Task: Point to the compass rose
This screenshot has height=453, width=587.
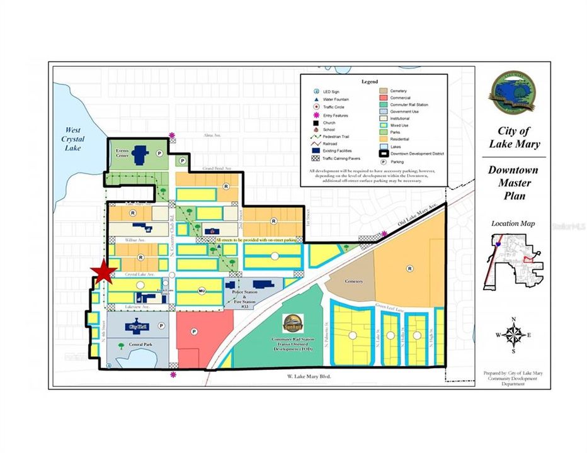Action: (x=515, y=333)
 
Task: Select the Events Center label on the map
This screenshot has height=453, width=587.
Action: (x=122, y=154)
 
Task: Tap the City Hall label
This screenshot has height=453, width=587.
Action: (x=137, y=327)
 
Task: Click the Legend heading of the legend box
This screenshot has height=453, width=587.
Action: (x=370, y=82)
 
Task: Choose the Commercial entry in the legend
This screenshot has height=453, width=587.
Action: (x=400, y=98)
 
